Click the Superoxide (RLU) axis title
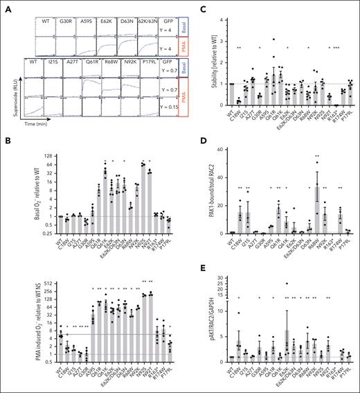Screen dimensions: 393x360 pos(9,98)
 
